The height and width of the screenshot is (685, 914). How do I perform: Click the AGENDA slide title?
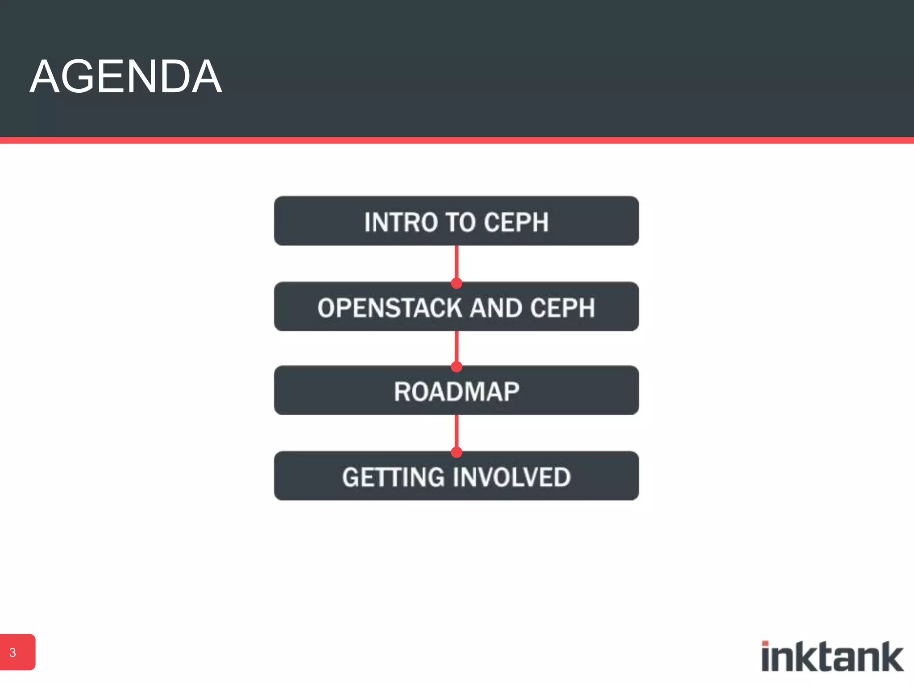(126, 77)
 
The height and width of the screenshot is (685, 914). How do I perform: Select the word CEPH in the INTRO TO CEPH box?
(516, 222)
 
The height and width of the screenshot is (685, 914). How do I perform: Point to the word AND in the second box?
(496, 308)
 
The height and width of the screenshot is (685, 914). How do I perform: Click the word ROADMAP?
(457, 392)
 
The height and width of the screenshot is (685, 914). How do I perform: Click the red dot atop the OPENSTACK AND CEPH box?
(457, 283)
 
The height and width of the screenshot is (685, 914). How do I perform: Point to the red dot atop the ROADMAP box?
(457, 367)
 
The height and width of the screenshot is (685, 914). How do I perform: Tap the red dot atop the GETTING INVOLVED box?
(457, 452)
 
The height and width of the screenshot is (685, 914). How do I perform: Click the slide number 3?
(13, 652)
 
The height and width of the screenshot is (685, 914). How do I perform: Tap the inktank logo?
(832, 656)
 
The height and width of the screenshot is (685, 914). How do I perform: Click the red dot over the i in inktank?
(765, 644)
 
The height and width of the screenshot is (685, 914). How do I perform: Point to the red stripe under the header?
(457, 140)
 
